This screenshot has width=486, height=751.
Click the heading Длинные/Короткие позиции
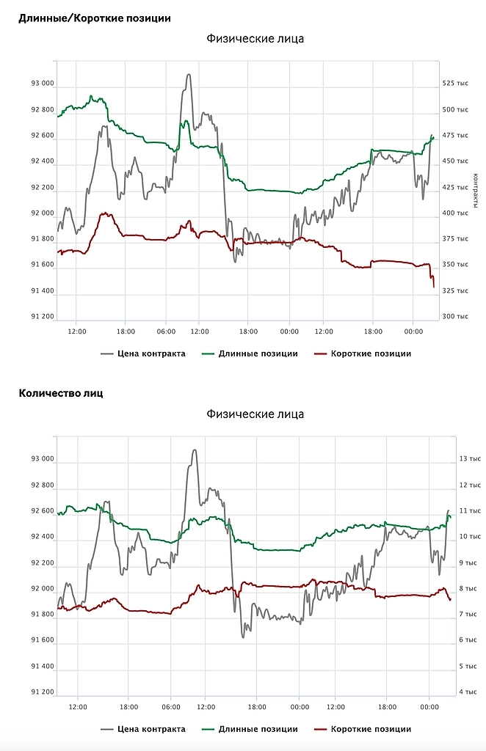(x=95, y=18)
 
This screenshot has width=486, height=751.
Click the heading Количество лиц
(x=61, y=393)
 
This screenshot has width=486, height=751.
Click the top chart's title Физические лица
(x=255, y=39)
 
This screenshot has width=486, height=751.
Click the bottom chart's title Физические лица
(x=255, y=414)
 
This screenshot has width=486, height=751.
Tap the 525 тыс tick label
(x=455, y=84)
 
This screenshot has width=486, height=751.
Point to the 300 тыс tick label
(x=455, y=317)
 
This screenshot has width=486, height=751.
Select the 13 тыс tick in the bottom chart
(x=468, y=459)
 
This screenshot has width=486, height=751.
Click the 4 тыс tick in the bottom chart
(x=468, y=692)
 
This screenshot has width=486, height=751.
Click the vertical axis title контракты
(x=476, y=189)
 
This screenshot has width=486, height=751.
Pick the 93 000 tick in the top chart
(x=43, y=84)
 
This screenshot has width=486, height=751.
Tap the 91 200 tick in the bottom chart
(x=43, y=692)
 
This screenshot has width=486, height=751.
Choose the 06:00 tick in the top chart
(x=166, y=331)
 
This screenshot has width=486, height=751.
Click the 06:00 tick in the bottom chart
(x=170, y=707)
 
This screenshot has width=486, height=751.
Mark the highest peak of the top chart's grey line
(x=189, y=74)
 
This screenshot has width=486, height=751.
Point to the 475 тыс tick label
(x=455, y=136)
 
